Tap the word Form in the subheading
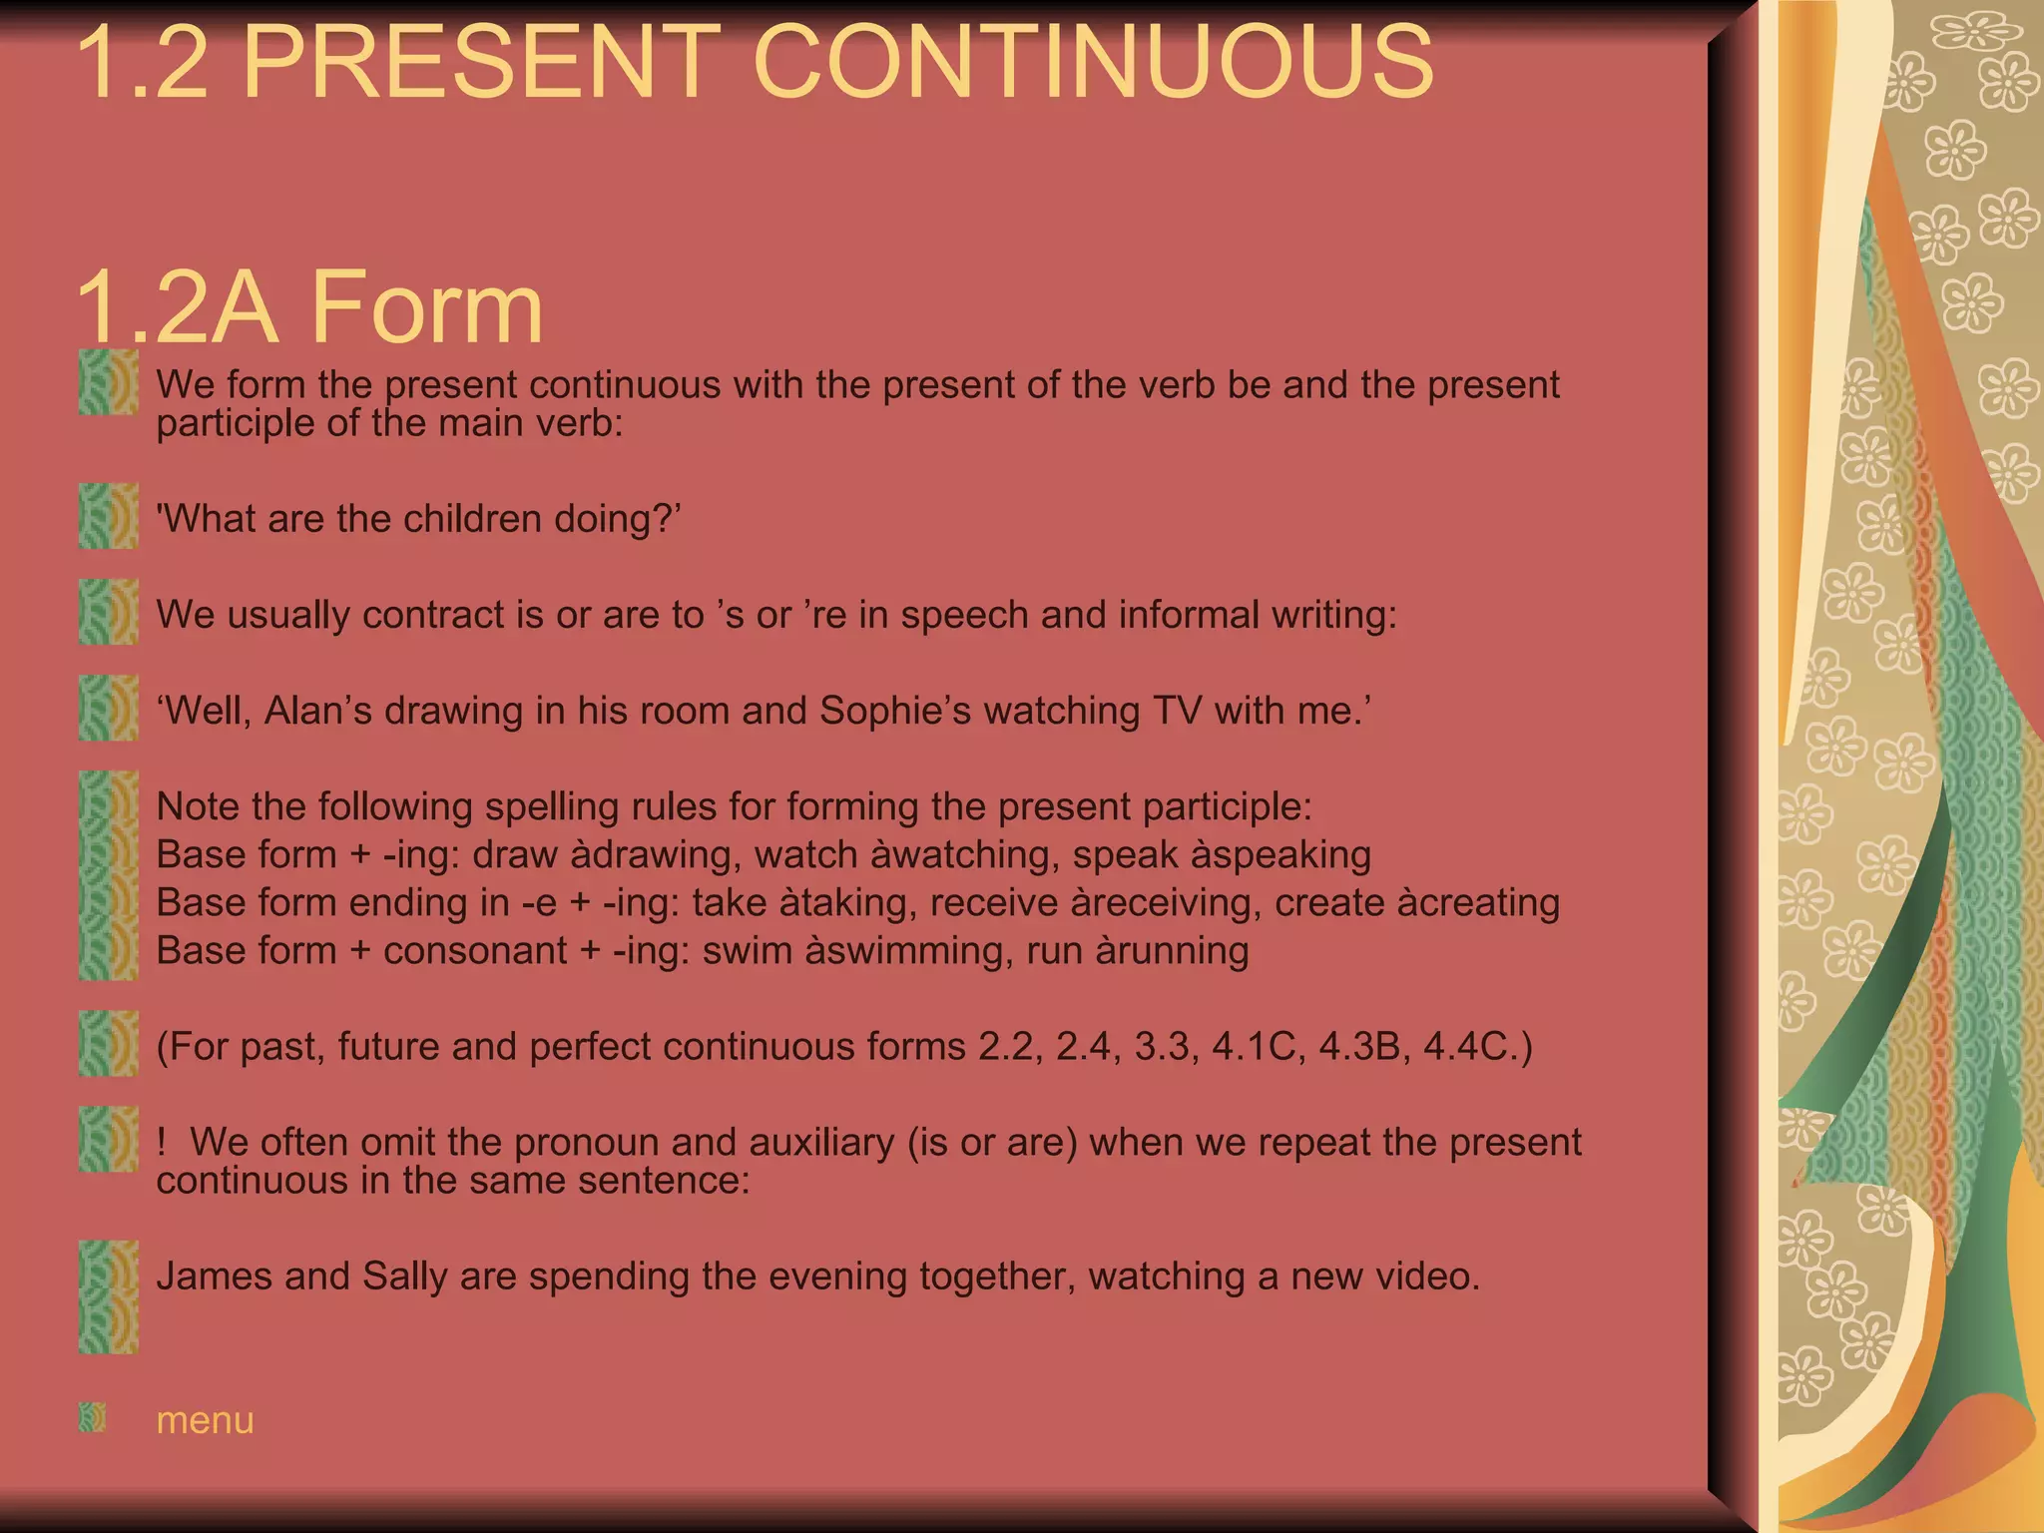point(427,307)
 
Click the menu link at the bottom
point(205,1420)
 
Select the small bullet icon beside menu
point(93,1417)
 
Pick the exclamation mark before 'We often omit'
point(162,1142)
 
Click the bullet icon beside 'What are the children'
point(108,516)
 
